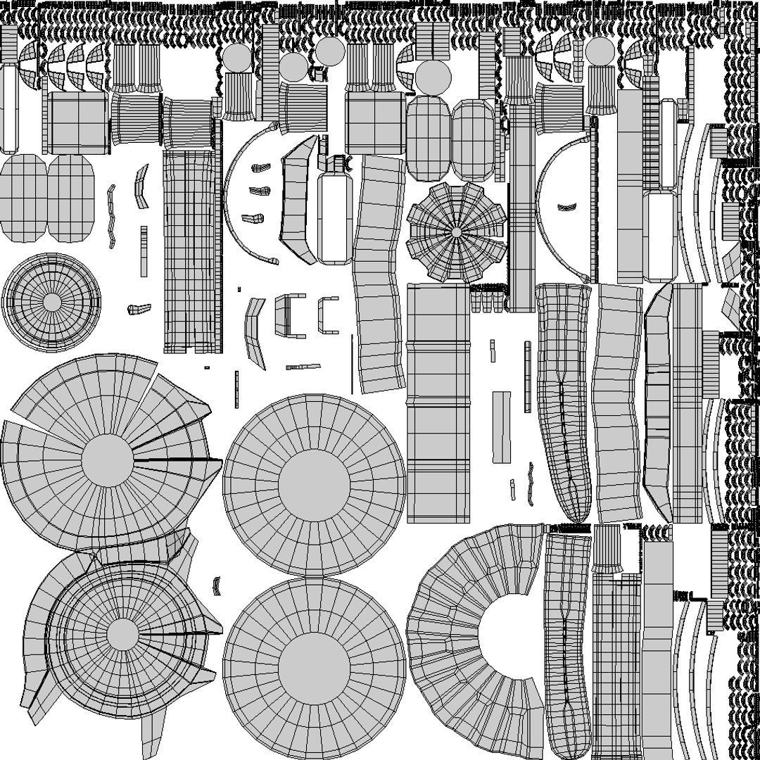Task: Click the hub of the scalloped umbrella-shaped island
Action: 456,232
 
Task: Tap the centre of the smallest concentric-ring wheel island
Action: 51,302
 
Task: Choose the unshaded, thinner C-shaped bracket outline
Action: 327,315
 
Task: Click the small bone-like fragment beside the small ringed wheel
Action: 139,308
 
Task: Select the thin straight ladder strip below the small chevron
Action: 144,251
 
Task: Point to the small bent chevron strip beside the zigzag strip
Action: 141,186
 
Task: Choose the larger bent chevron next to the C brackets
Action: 255,331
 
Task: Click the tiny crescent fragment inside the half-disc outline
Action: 566,207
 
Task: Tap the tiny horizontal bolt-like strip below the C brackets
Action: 303,367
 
